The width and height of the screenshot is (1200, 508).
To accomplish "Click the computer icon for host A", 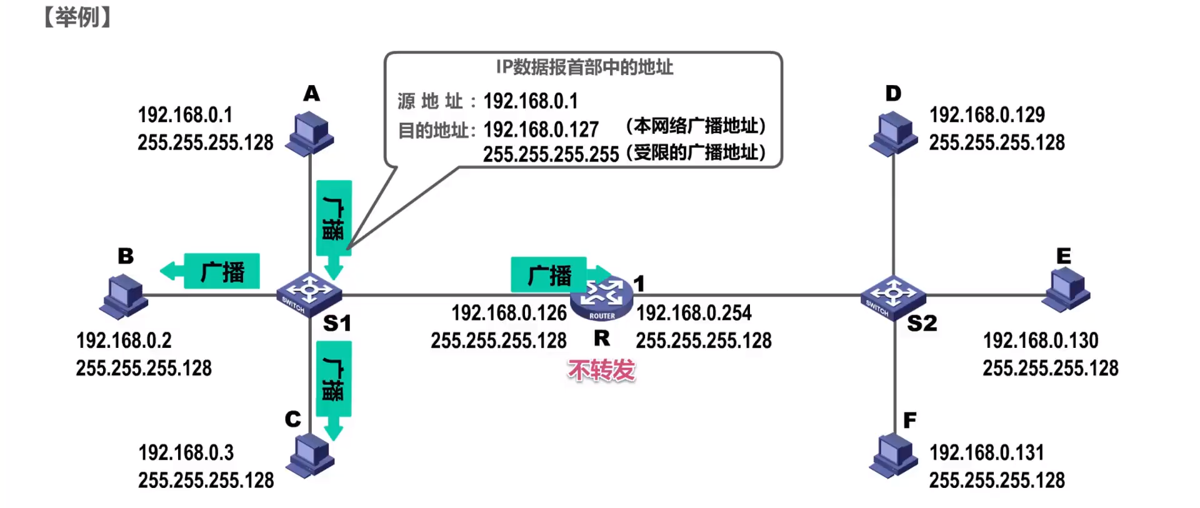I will coord(309,133).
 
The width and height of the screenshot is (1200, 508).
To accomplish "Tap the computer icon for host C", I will coord(310,456).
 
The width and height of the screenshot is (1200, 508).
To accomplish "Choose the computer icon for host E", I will coord(1066,289).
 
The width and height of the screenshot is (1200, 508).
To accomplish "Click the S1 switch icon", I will coord(309,294).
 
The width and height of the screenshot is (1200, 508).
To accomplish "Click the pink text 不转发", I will coord(601,370).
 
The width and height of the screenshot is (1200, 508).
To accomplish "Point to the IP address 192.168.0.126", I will coord(509,313).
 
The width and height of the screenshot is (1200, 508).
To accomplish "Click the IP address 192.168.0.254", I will coord(694,313).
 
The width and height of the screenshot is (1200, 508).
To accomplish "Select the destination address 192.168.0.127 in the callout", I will coord(541,130).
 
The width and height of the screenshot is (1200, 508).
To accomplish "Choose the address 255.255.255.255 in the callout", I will coord(551,154).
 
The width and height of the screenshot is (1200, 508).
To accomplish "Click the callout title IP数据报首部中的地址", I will coord(584,67).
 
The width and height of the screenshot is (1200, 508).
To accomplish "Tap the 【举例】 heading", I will coord(77,17).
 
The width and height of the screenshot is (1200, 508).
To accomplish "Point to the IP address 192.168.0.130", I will coord(1040,340).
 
